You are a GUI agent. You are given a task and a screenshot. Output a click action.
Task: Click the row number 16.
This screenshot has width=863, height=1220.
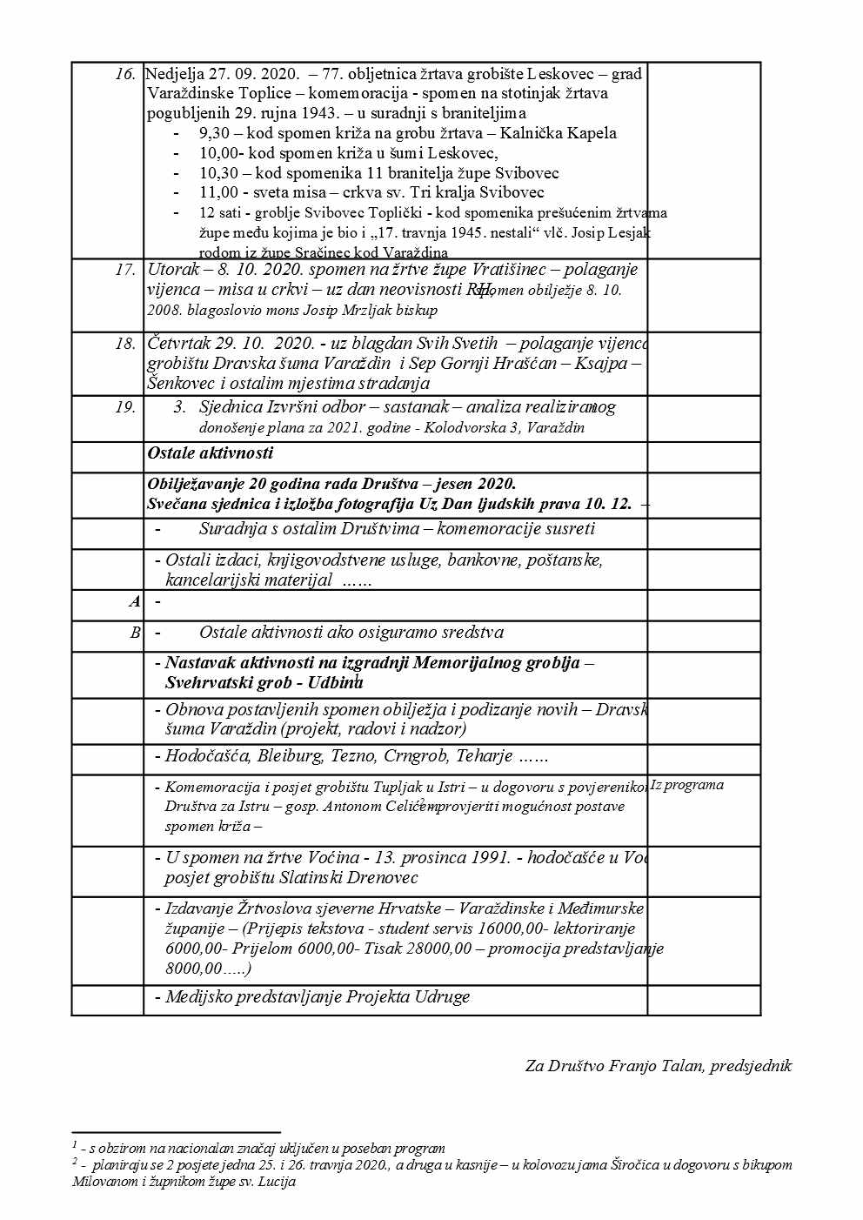125,74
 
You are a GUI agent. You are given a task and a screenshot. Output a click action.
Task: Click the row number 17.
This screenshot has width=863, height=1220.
125,270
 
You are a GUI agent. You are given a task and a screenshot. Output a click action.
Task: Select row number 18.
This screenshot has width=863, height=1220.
125,344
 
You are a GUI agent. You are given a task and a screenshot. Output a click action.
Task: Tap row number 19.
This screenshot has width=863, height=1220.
125,407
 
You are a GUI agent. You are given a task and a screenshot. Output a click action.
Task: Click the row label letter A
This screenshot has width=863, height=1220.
135,601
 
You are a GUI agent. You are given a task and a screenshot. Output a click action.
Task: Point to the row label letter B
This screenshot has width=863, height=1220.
135,633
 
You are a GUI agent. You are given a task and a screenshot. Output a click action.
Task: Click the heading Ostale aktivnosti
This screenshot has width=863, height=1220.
210,452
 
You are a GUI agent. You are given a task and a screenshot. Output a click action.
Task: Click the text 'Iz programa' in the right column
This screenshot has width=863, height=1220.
687,785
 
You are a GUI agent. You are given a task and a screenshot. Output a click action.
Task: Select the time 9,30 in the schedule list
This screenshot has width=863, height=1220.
214,133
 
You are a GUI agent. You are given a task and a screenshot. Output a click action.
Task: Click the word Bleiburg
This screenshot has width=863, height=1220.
290,756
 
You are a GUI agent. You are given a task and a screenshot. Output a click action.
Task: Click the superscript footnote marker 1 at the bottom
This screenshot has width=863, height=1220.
75,1144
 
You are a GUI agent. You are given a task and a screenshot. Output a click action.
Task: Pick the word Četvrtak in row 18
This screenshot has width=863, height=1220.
179,344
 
